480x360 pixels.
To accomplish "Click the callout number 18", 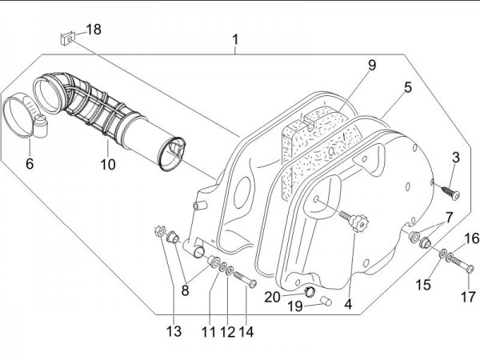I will (94, 30).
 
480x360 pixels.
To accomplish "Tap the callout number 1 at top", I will (236, 38).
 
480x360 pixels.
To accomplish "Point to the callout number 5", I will (408, 87).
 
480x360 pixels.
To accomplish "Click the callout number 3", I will (455, 156).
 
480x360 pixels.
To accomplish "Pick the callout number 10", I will (108, 165).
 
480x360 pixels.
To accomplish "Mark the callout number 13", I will (174, 332).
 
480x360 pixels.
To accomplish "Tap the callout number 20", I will (272, 297).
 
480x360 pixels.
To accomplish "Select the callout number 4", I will (347, 303).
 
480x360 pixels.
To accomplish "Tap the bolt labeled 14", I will (245, 281).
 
